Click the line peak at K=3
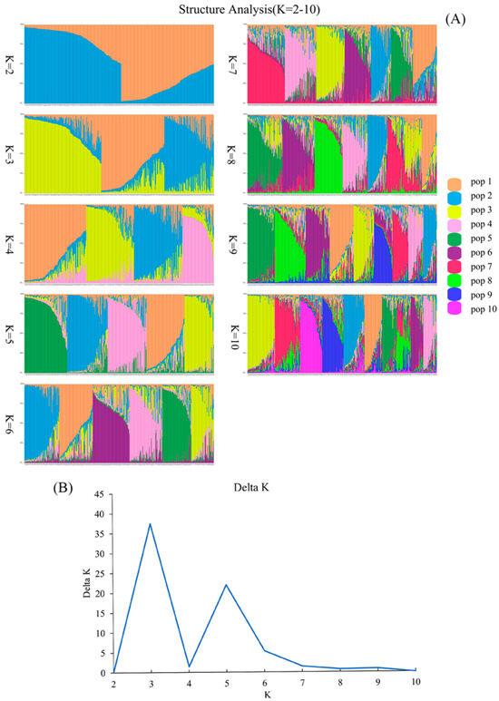click(x=150, y=523)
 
